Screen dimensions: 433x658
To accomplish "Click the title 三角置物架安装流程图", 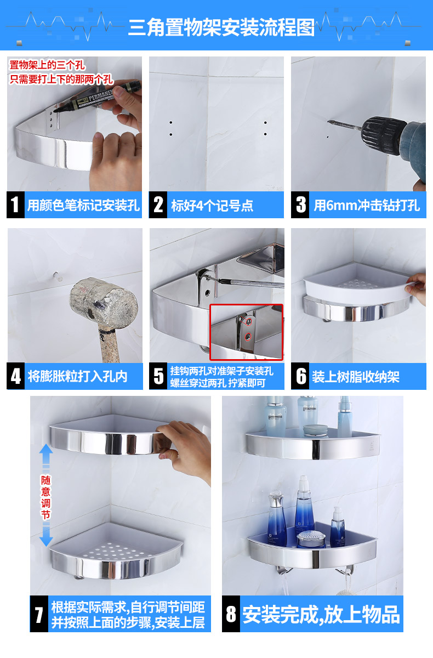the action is point(221,27).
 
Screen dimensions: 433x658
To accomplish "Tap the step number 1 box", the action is point(15,205).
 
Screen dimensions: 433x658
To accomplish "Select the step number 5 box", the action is point(158,376).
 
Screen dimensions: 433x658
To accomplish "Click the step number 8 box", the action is point(231,614).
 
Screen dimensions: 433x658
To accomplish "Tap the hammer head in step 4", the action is point(104,302).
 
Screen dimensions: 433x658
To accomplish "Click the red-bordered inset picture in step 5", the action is point(246,332).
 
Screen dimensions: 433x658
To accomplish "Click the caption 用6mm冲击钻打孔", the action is point(367,205).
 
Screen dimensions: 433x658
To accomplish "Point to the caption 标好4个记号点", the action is point(212,205).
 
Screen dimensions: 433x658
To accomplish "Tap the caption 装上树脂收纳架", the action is point(356,377).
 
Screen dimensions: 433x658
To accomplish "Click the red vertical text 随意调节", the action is point(46,497).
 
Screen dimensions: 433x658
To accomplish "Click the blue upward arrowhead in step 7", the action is point(46,449).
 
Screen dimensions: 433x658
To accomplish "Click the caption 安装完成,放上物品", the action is point(321,614).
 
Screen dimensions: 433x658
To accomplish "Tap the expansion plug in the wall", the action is point(58,276).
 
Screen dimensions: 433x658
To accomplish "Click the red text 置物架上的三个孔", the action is point(47,65).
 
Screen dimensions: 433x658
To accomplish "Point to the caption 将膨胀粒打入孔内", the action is point(77,377).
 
